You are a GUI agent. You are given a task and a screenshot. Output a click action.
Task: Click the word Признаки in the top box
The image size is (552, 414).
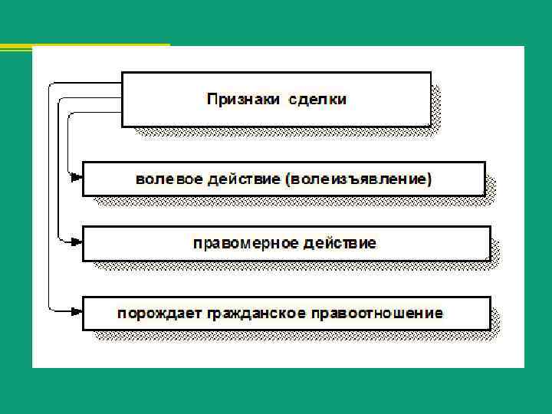243,100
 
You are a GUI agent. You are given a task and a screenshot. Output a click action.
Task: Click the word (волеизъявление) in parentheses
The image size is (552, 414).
358,180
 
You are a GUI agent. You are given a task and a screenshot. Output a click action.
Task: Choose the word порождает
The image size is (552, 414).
150,313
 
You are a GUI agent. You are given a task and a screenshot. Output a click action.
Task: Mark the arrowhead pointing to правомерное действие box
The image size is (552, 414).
76,242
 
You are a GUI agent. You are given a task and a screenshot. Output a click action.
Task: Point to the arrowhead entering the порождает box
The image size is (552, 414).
76,310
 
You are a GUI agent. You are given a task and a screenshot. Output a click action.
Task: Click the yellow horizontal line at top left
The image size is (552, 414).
84,47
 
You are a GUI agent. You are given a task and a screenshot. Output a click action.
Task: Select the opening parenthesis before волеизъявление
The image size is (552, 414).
287,180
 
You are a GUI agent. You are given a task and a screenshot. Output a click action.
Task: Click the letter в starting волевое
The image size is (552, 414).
140,180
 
